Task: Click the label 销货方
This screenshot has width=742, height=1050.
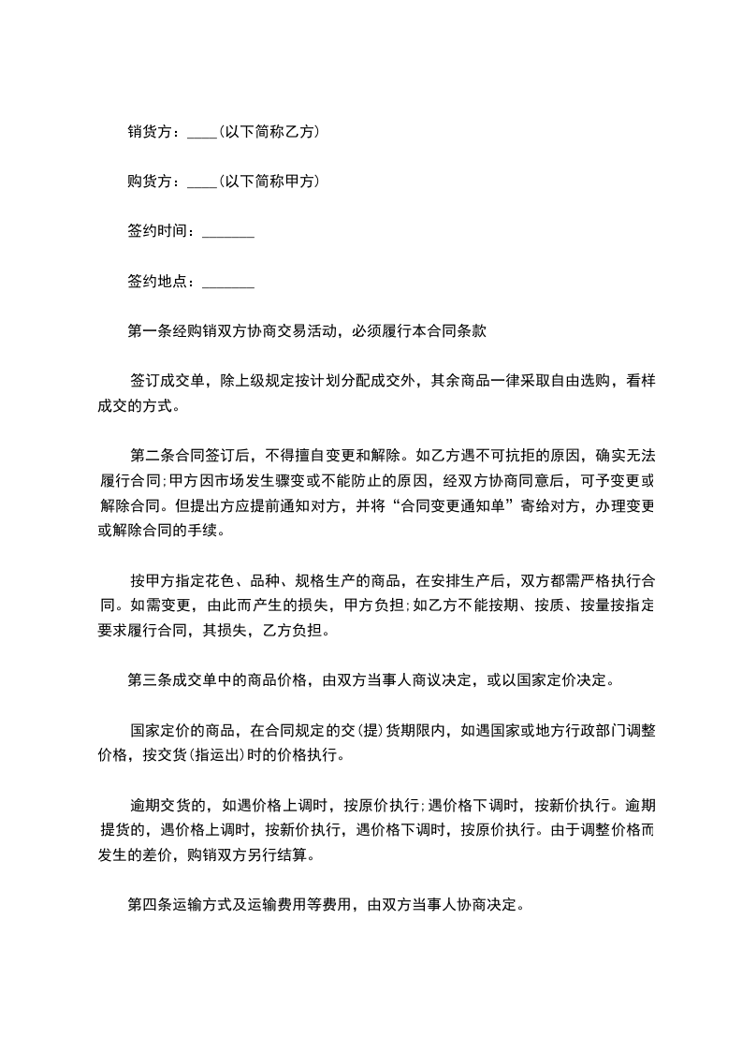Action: click(150, 132)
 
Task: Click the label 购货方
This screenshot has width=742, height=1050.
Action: click(150, 182)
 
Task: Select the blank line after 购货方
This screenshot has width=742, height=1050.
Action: click(202, 184)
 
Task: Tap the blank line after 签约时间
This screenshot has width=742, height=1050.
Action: click(227, 234)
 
